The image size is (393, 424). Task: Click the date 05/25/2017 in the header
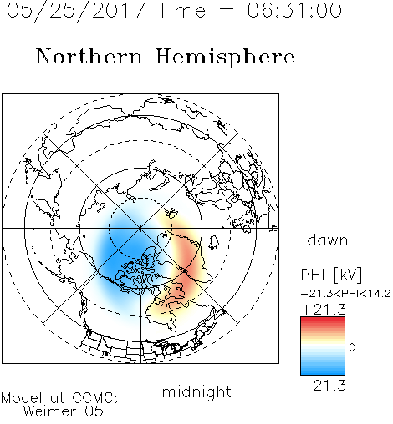coord(76,11)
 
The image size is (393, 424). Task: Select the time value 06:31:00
coord(294,10)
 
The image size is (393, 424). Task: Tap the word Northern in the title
coord(89,56)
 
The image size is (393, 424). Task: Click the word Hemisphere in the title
coord(225,58)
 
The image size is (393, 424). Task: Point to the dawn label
coord(328,240)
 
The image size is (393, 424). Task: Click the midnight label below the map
coord(196,391)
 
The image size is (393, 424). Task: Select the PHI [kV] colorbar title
coord(331,275)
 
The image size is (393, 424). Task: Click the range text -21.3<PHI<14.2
coord(346,294)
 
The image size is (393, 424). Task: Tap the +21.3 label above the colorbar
coord(324,310)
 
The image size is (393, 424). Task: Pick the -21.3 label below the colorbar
coord(324,386)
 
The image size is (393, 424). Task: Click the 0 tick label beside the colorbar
coord(352,347)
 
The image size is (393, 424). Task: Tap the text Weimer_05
coord(64,411)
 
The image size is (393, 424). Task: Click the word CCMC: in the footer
coord(94,398)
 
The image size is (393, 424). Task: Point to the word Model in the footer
coord(22,398)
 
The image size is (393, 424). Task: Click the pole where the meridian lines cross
coord(140,229)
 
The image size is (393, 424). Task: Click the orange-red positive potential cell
coord(186,267)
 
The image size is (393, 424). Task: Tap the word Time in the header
coord(181,10)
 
